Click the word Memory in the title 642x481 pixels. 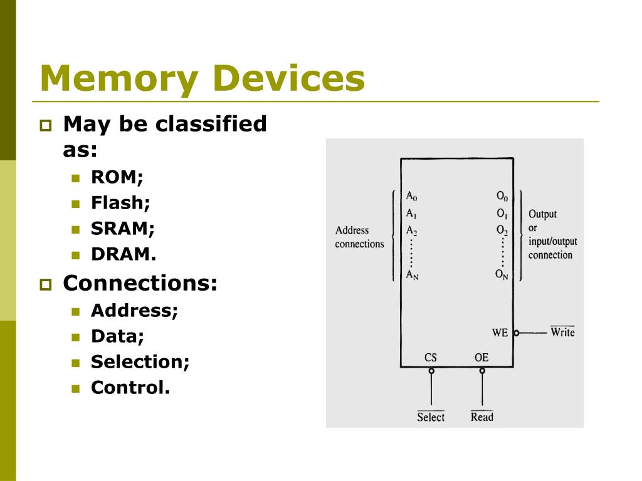(119, 80)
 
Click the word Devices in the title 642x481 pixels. (289, 80)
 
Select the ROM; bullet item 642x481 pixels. (117, 177)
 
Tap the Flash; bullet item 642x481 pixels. (120, 203)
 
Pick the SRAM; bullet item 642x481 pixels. (123, 229)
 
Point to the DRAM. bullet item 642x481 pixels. (124, 254)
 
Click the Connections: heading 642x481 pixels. (140, 283)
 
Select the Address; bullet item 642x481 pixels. (134, 311)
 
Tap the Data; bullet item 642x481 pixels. (117, 336)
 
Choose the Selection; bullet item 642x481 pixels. (140, 362)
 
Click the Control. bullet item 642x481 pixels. (130, 388)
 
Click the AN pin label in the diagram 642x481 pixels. (412, 274)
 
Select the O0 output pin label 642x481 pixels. (502, 195)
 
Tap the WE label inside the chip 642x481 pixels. (500, 333)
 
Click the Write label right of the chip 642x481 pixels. (562, 332)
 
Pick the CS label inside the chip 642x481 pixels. (431, 358)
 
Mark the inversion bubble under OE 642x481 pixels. (482, 371)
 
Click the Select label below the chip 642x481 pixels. (431, 417)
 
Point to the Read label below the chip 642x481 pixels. (482, 417)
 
